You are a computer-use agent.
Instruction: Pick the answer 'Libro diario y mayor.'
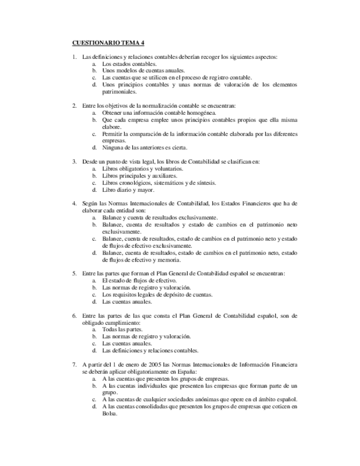click(128, 190)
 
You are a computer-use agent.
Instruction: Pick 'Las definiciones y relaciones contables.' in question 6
click(150, 351)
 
